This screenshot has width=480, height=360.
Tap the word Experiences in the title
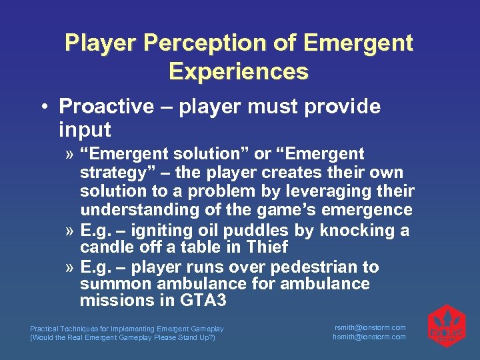point(239,71)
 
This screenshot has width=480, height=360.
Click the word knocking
point(357,231)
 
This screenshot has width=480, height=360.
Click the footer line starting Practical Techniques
point(127,329)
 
